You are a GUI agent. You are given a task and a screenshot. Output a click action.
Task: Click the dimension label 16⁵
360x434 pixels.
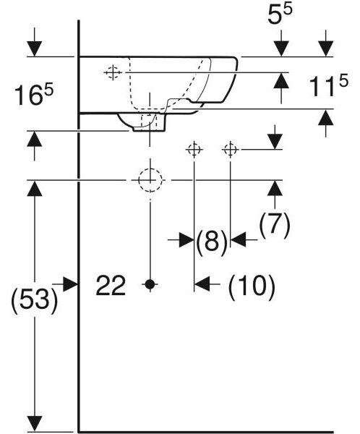(x=34, y=95)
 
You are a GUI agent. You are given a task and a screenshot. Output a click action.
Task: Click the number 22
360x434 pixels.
(x=111, y=285)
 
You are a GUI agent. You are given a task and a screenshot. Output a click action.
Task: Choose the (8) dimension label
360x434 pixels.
(x=212, y=240)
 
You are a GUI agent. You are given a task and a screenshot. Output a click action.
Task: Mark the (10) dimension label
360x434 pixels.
(x=252, y=286)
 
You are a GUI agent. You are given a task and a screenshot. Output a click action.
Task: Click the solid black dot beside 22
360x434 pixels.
(x=150, y=284)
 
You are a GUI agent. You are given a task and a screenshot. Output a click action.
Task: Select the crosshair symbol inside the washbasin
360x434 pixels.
(x=113, y=72)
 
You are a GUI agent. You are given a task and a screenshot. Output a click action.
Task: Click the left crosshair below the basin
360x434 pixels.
(x=194, y=150)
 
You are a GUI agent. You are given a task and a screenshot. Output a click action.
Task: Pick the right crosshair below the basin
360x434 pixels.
(x=230, y=150)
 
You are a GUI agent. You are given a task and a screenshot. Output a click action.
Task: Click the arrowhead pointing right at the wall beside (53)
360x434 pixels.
(x=70, y=284)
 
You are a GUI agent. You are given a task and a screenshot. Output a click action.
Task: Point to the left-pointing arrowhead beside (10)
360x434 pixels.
(x=202, y=284)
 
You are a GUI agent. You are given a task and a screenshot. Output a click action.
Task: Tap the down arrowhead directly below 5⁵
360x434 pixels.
(x=281, y=48)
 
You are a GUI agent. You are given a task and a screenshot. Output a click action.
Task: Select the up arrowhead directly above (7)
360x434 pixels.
(x=275, y=188)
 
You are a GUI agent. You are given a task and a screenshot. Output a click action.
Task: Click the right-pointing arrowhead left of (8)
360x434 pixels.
(x=187, y=239)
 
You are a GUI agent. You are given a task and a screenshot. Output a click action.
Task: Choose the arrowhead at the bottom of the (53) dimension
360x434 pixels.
(x=35, y=423)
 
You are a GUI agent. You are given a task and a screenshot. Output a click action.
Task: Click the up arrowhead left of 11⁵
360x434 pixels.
(x=281, y=80)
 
